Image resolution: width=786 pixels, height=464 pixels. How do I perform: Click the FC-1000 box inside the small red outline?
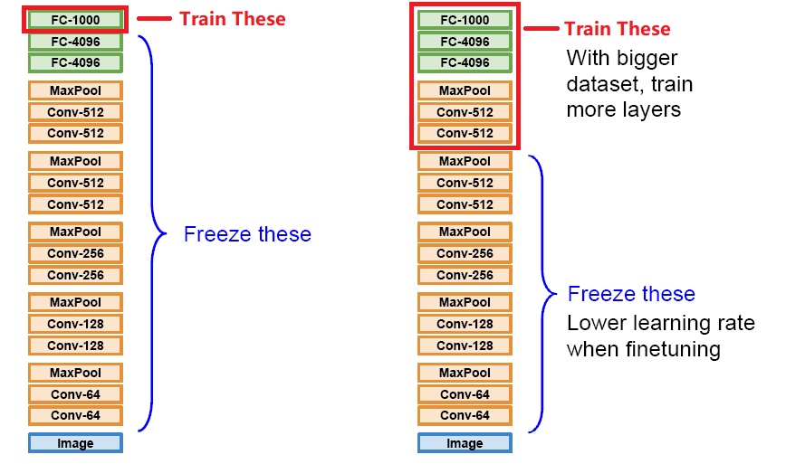coord(75,19)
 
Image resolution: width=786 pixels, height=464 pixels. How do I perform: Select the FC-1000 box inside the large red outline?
coord(465,20)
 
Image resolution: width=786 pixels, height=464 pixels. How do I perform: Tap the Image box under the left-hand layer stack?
coord(75,443)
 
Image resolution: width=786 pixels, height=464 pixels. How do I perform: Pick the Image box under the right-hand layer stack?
coord(465,443)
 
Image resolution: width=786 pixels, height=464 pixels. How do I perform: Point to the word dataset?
coord(601,85)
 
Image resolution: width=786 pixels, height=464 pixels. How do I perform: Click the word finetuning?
coord(666,349)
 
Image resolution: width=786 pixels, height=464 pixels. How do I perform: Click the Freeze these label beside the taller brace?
coord(247,234)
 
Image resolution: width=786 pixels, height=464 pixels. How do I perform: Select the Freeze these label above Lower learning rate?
coord(631,294)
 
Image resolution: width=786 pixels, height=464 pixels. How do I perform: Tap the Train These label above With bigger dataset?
coord(618,29)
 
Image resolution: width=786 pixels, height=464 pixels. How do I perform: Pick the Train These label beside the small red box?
coord(233,18)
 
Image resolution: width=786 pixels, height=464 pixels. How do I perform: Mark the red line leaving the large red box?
coord(539,30)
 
